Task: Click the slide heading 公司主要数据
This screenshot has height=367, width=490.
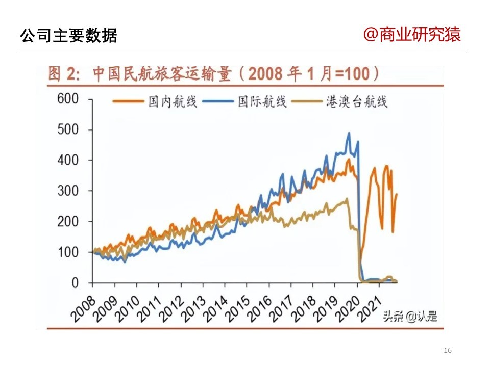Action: (x=68, y=36)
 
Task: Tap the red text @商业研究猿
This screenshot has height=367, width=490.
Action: (x=412, y=35)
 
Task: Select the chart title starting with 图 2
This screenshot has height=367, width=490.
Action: (x=214, y=74)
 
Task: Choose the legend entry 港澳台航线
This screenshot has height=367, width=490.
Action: (x=357, y=101)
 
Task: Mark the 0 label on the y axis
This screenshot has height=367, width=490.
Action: (x=75, y=283)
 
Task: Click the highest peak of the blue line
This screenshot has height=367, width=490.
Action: (x=349, y=133)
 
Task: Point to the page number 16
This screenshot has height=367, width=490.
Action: (x=448, y=350)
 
